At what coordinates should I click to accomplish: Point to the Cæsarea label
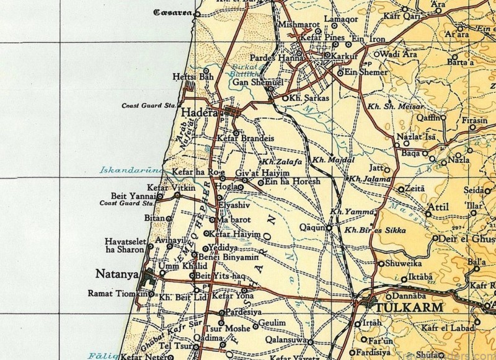tap(174, 12)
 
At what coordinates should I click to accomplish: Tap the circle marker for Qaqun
tap(329, 228)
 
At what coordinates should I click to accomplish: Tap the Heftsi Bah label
tap(188, 77)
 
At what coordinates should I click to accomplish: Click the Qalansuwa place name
tap(286, 340)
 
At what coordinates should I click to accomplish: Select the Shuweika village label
tap(405, 263)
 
